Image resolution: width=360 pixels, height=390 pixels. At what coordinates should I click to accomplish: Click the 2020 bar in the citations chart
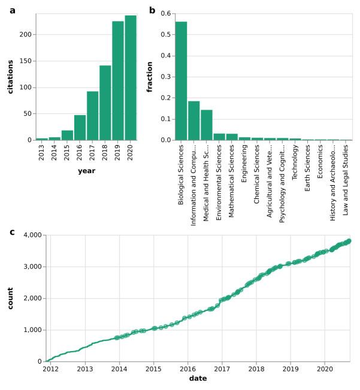[x=131, y=78]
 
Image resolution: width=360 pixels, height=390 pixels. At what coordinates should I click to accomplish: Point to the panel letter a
[x=12, y=10]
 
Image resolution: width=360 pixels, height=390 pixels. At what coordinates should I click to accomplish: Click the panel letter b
[x=152, y=10]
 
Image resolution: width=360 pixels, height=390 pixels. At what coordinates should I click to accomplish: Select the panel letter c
[x=12, y=232]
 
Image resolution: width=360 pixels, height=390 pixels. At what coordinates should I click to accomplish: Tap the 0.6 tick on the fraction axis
[x=165, y=14]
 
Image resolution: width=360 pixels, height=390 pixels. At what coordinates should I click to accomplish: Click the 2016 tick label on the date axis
[x=188, y=370]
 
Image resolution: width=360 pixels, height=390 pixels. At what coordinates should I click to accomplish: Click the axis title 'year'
[x=86, y=171]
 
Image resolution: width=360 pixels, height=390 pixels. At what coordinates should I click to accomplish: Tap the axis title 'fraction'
[x=150, y=77]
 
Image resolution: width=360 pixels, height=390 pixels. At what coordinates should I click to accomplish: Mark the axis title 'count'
[x=10, y=298]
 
